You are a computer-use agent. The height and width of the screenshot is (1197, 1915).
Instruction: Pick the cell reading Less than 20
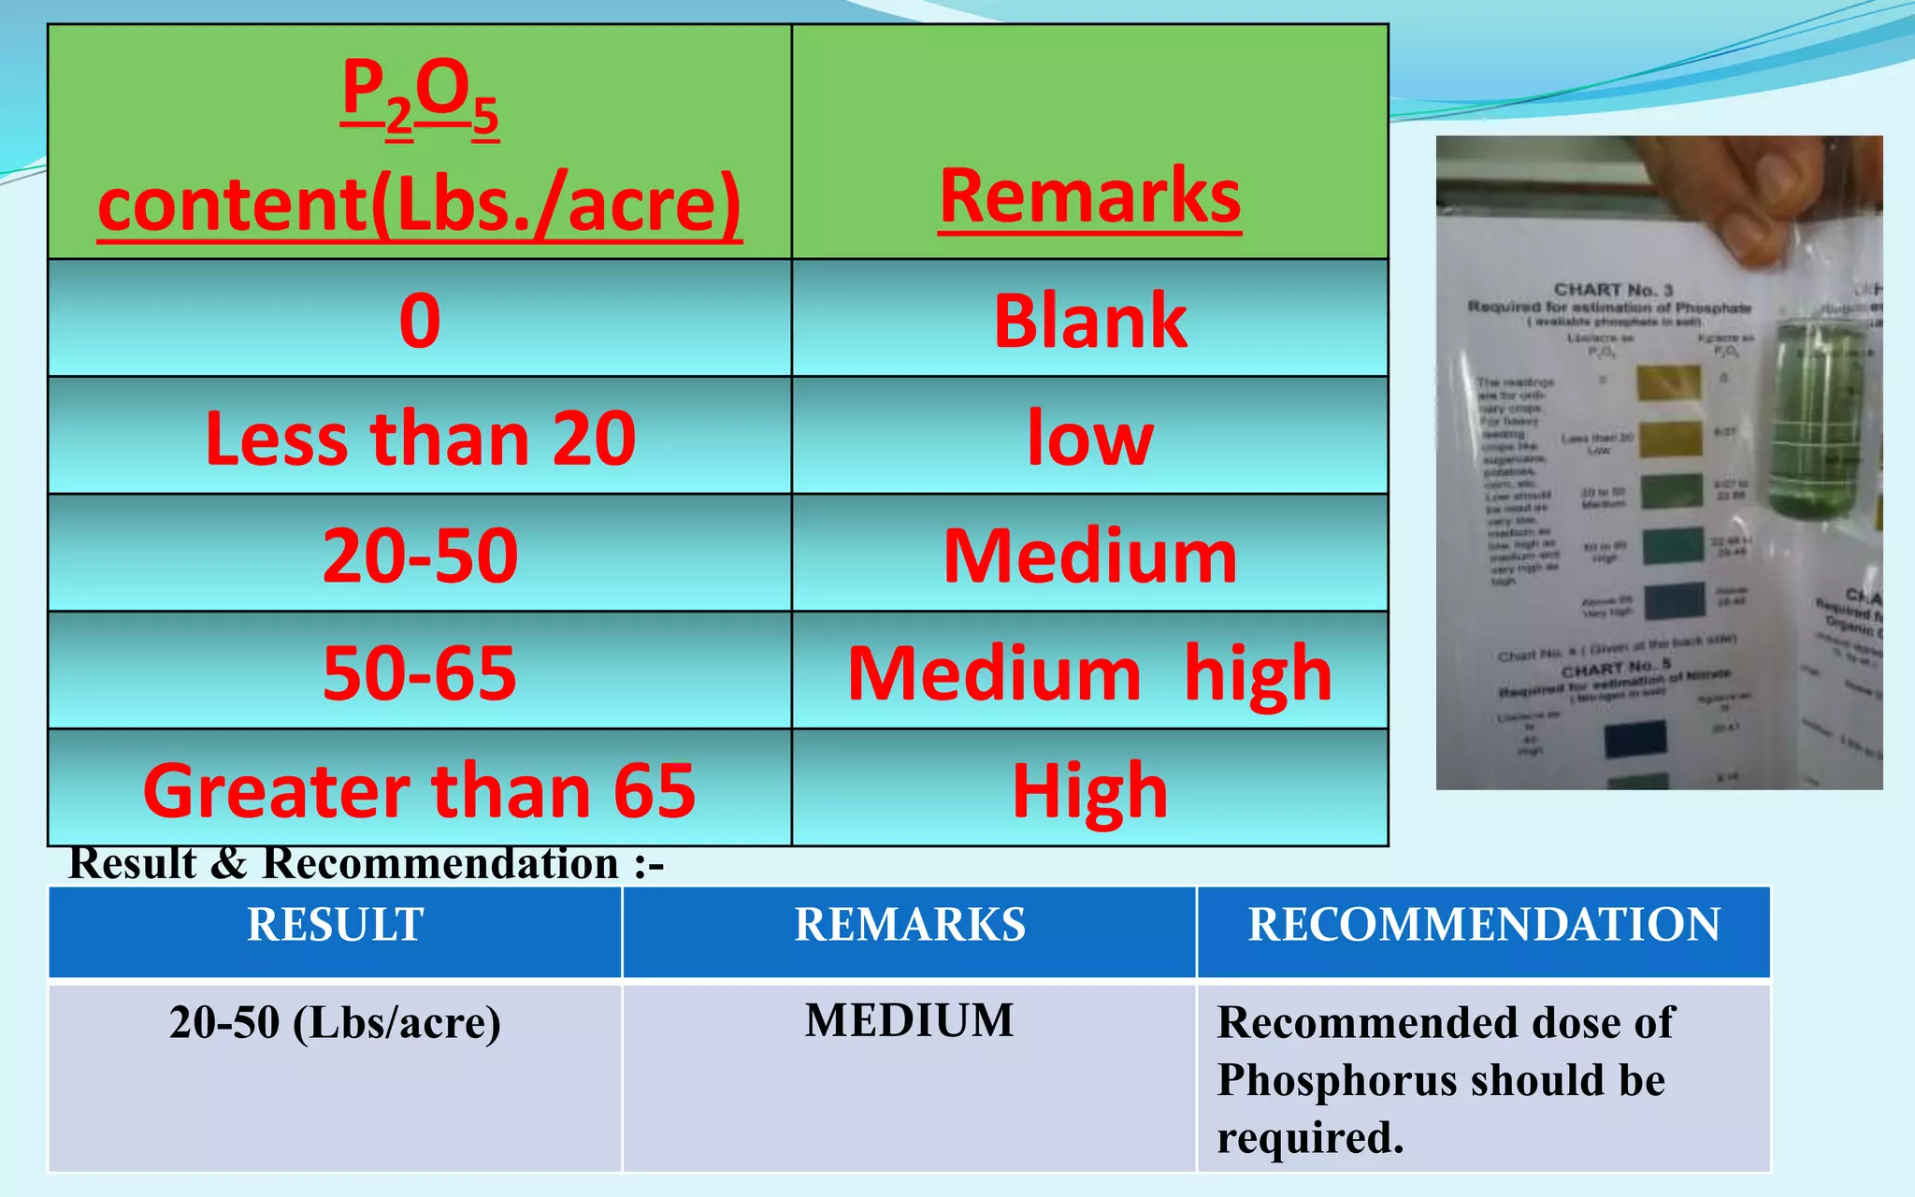(420, 438)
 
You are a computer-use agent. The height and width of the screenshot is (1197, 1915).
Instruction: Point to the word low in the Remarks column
(1090, 438)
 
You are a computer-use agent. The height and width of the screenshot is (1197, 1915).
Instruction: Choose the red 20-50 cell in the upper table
(420, 555)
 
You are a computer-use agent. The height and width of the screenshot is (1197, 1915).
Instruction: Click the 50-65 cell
(420, 672)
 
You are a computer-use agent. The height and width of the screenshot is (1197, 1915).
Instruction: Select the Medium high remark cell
(1090, 672)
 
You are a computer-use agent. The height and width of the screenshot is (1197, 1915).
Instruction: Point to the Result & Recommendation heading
(367, 863)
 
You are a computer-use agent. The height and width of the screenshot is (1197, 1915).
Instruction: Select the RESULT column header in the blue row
(335, 925)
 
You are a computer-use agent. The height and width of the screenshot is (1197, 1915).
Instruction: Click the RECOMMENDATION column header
(1484, 925)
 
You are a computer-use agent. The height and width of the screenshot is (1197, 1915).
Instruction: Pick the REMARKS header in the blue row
(910, 925)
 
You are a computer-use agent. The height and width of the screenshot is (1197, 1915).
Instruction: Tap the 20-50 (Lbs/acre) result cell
(335, 1022)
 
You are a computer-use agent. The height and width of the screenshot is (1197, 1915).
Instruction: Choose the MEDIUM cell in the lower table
(910, 1020)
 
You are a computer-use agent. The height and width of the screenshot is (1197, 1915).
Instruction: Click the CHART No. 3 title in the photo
(1613, 290)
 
